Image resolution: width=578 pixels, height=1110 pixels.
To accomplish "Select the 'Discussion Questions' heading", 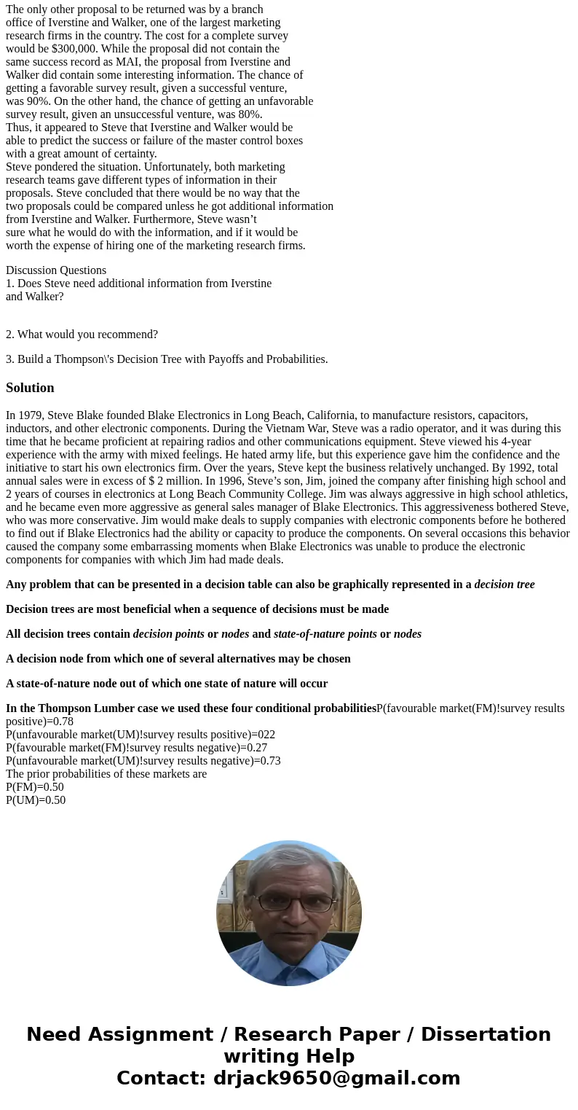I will tap(56, 270).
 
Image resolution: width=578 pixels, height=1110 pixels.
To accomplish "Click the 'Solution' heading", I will tap(30, 388).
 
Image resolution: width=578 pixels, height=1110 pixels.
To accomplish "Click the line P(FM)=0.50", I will tap(35, 787).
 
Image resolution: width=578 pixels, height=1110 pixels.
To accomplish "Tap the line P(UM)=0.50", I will tap(36, 800).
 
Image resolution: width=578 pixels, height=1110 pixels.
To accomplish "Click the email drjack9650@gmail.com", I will tap(336, 1078).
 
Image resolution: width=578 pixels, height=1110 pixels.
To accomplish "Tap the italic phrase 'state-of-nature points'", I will tap(325, 634).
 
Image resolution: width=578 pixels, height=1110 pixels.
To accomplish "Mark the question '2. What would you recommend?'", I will tap(82, 335).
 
